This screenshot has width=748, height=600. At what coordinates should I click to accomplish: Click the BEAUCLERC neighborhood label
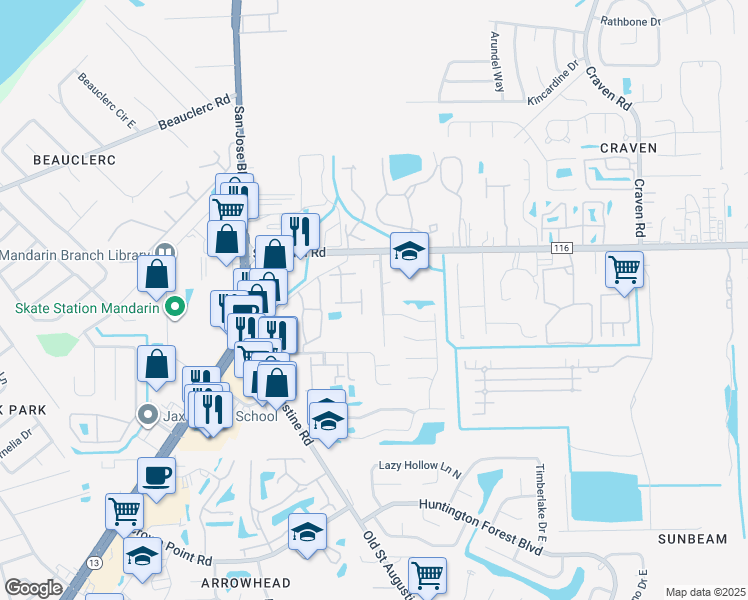click(75, 160)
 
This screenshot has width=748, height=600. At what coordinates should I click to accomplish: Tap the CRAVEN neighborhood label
click(628, 148)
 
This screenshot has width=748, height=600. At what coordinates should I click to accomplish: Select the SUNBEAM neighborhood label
click(693, 539)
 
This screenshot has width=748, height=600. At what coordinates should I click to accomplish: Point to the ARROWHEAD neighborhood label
click(245, 583)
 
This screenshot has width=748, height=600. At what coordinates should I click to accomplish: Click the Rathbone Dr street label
click(630, 21)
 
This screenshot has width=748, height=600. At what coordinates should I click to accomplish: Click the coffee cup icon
click(156, 476)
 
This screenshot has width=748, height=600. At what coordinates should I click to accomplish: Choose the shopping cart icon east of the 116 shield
click(624, 268)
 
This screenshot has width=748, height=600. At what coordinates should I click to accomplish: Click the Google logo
click(33, 588)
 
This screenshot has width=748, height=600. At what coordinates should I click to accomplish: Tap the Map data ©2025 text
click(704, 592)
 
